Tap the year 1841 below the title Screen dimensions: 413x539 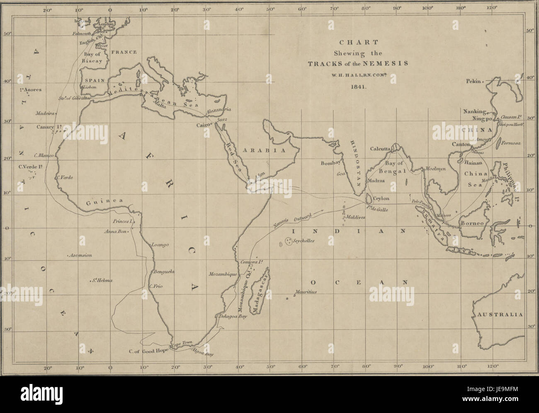[357, 87]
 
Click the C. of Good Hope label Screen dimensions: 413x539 [148, 352]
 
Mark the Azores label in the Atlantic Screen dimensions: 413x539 [32, 90]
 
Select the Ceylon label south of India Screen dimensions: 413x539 [382, 199]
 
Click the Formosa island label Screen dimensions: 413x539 [511, 143]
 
